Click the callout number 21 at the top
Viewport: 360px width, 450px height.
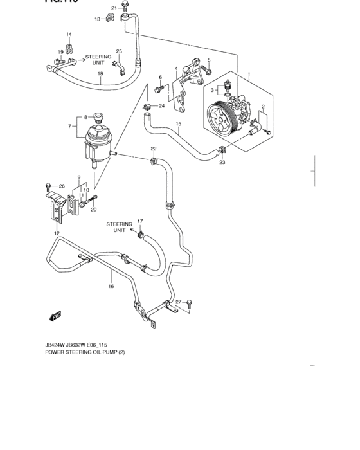(114, 8)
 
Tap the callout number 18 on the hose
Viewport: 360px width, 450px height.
(100, 75)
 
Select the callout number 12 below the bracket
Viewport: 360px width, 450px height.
(57, 233)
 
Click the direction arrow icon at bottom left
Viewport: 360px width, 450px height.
(54, 316)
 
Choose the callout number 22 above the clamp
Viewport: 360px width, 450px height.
(154, 148)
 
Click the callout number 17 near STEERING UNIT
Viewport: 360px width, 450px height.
(139, 222)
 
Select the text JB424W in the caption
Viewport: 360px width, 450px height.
(59, 344)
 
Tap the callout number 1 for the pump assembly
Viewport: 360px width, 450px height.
(248, 75)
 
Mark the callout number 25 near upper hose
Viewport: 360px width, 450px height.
(119, 51)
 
